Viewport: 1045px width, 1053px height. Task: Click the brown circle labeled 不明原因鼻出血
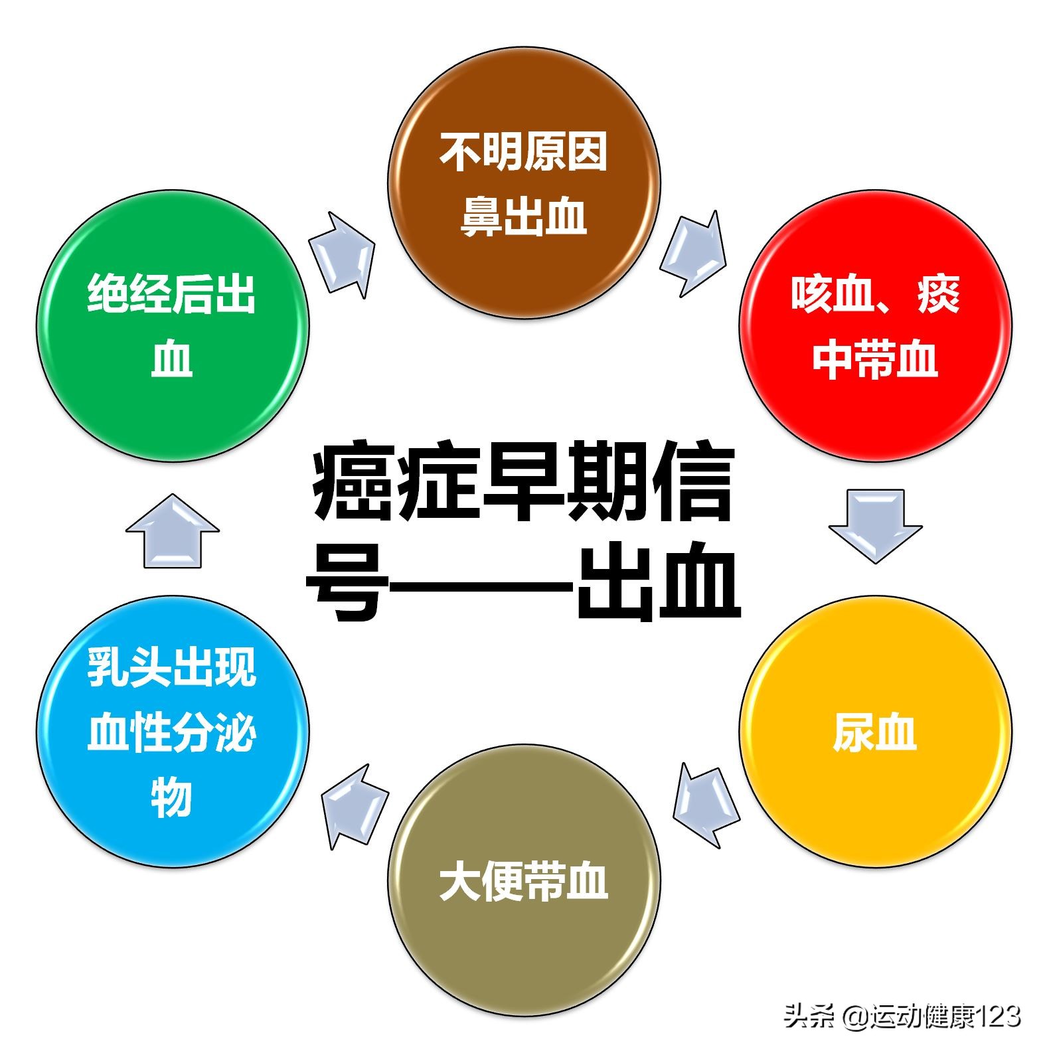point(524,182)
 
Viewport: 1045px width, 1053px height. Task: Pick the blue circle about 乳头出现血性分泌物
point(173,730)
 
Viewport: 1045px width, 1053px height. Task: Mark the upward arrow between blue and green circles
point(173,531)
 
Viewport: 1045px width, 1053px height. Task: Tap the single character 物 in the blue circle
point(171,797)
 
